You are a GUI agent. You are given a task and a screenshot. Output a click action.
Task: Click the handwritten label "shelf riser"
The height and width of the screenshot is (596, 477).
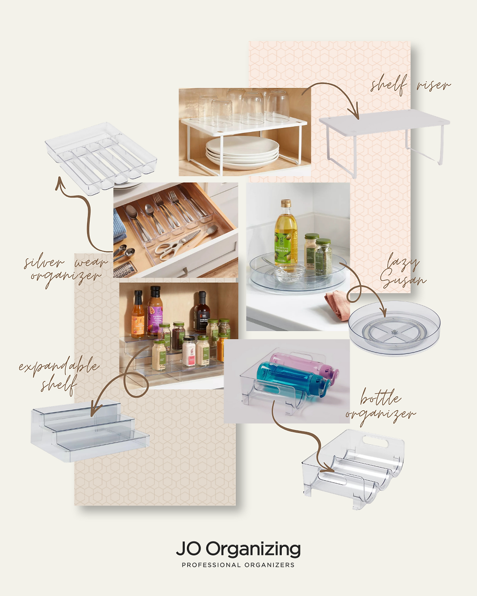click(x=410, y=86)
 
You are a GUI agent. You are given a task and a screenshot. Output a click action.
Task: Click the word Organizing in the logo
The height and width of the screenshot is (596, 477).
click(x=253, y=549)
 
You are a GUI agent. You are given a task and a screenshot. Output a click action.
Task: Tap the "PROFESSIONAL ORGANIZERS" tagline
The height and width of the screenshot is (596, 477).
click(x=238, y=565)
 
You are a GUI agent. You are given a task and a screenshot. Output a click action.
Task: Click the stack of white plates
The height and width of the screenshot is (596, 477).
click(x=242, y=151)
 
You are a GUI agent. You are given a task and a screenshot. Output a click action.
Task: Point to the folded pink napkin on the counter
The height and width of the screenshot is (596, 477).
click(x=338, y=305)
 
